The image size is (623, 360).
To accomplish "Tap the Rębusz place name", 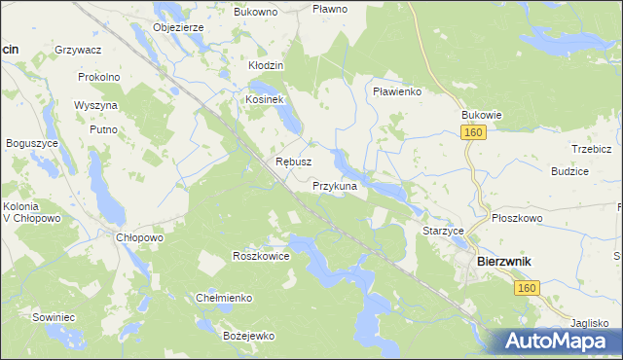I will pos(293,162).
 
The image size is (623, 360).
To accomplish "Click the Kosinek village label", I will pos(264,100).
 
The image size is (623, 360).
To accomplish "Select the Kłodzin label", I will pos(265,65).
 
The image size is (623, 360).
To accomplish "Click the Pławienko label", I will pos(396,90).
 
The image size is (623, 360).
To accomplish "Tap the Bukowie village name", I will pos(481,114).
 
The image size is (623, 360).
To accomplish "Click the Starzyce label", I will pos(443,231).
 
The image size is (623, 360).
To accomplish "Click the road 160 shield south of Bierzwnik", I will pos(528,288).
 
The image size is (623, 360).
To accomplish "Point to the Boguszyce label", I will pos(27,143).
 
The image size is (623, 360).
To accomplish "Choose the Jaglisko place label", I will pos(595,322).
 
